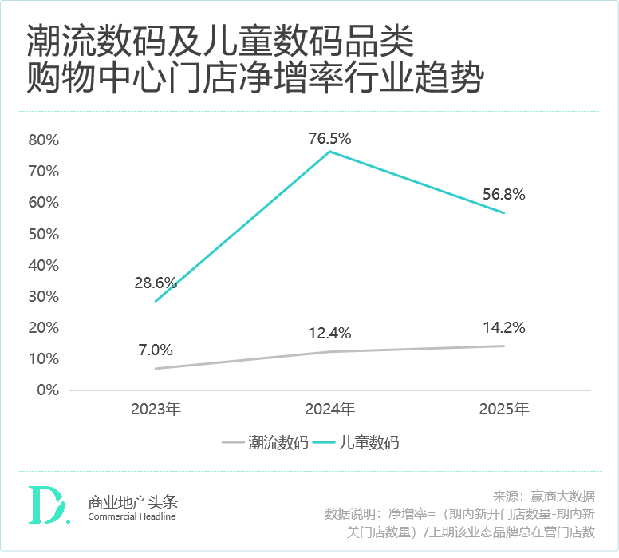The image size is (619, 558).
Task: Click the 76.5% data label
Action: [330, 139]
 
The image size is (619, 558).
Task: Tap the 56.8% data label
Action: [504, 195]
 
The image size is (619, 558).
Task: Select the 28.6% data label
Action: [156, 283]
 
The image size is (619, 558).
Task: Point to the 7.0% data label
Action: [156, 350]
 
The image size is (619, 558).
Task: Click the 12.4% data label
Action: [330, 334]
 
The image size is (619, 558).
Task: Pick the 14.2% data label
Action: [504, 327]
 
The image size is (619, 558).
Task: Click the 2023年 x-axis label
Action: [156, 410]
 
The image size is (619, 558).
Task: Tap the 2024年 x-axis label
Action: [330, 410]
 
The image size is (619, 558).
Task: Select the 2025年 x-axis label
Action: [504, 410]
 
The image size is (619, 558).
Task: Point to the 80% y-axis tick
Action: [44, 140]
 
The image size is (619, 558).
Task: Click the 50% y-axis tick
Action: [44, 235]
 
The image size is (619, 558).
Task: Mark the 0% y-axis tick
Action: [48, 390]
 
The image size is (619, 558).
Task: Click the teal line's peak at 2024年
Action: [330, 152]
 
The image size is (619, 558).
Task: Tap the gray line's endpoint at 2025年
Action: [504, 346]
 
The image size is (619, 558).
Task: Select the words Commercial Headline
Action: [132, 516]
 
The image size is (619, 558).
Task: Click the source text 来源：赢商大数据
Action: [544, 496]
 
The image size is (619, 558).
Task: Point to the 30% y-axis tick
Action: [44, 297]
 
